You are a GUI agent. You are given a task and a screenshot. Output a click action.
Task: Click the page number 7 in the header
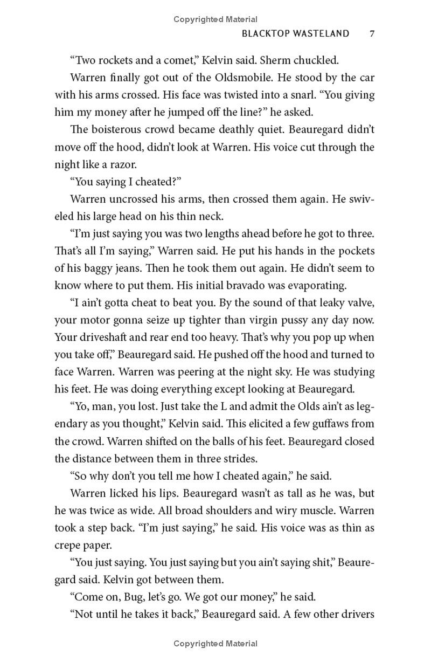[x=371, y=33]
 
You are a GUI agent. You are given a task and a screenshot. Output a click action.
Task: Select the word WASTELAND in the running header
[x=322, y=33]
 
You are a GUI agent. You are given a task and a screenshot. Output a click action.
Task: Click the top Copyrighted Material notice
[x=215, y=19]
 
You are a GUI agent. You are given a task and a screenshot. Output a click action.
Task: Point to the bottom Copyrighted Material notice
[x=215, y=643]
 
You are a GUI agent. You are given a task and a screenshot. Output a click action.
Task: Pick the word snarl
[x=229, y=95]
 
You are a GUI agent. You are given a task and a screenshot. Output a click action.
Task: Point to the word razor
[x=141, y=164]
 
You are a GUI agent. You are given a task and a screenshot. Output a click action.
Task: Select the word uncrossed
[x=136, y=199]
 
